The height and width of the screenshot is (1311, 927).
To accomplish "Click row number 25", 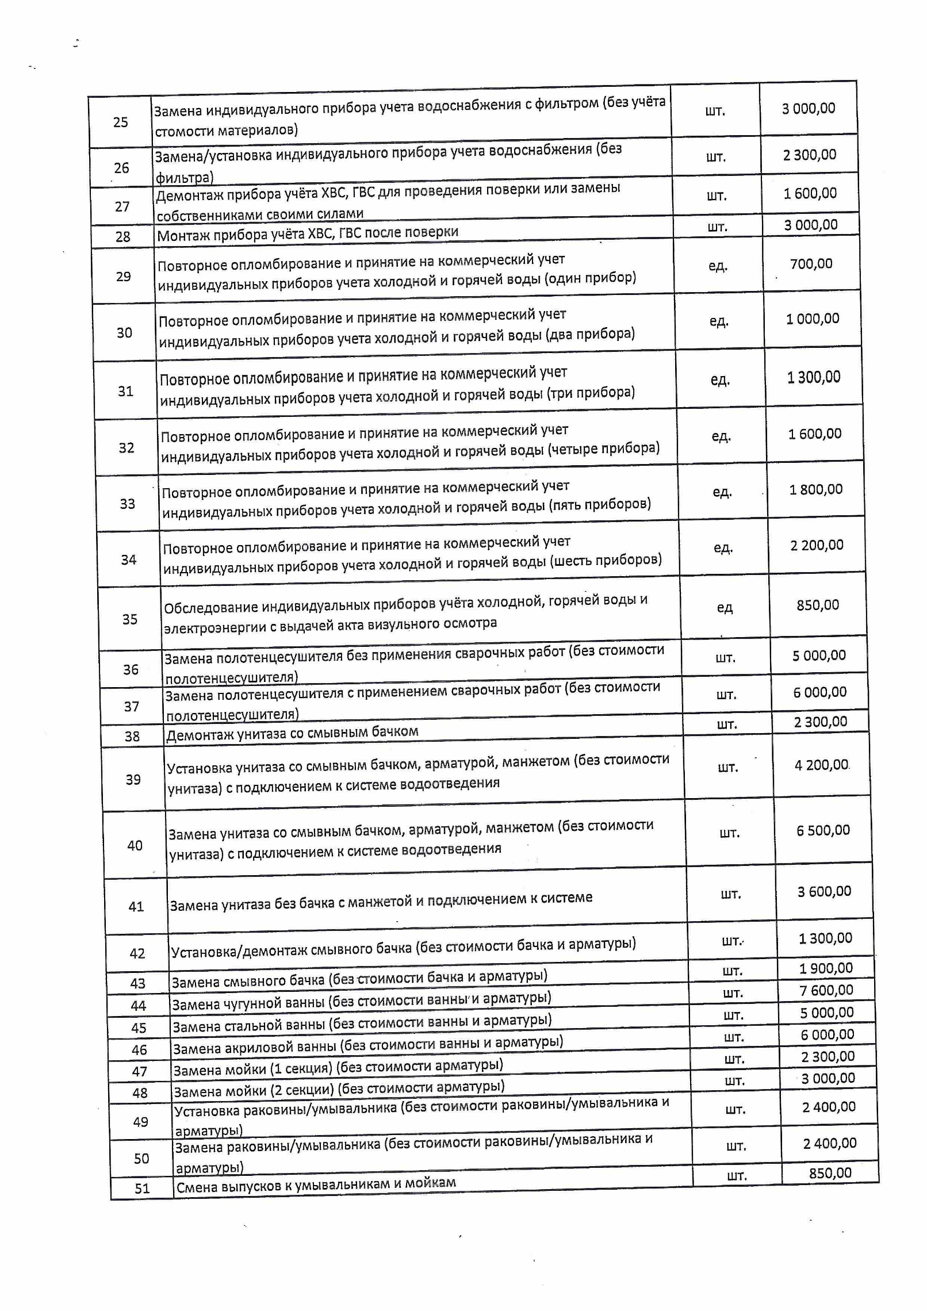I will pos(120,122).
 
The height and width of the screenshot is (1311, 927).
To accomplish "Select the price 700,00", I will pos(811,264).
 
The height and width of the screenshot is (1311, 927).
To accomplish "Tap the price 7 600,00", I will pos(826,990).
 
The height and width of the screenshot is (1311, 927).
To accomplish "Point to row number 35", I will pos(129,619).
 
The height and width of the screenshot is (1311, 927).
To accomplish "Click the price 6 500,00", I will pos(823,830).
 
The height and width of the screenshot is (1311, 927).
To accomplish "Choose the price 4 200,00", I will pos(822,765).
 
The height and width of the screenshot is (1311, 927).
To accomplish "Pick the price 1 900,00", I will pos(826,968).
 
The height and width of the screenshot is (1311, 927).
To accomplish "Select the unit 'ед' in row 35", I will pos(725,608).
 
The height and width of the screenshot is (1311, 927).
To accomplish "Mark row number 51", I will pos(142,1189).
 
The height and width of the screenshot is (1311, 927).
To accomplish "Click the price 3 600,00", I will pos(824,892).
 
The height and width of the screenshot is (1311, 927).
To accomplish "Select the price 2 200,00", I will pos(817,545).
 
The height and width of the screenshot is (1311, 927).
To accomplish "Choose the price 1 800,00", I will pos(815,489).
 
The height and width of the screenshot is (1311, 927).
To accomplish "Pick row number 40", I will pos(135,846).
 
